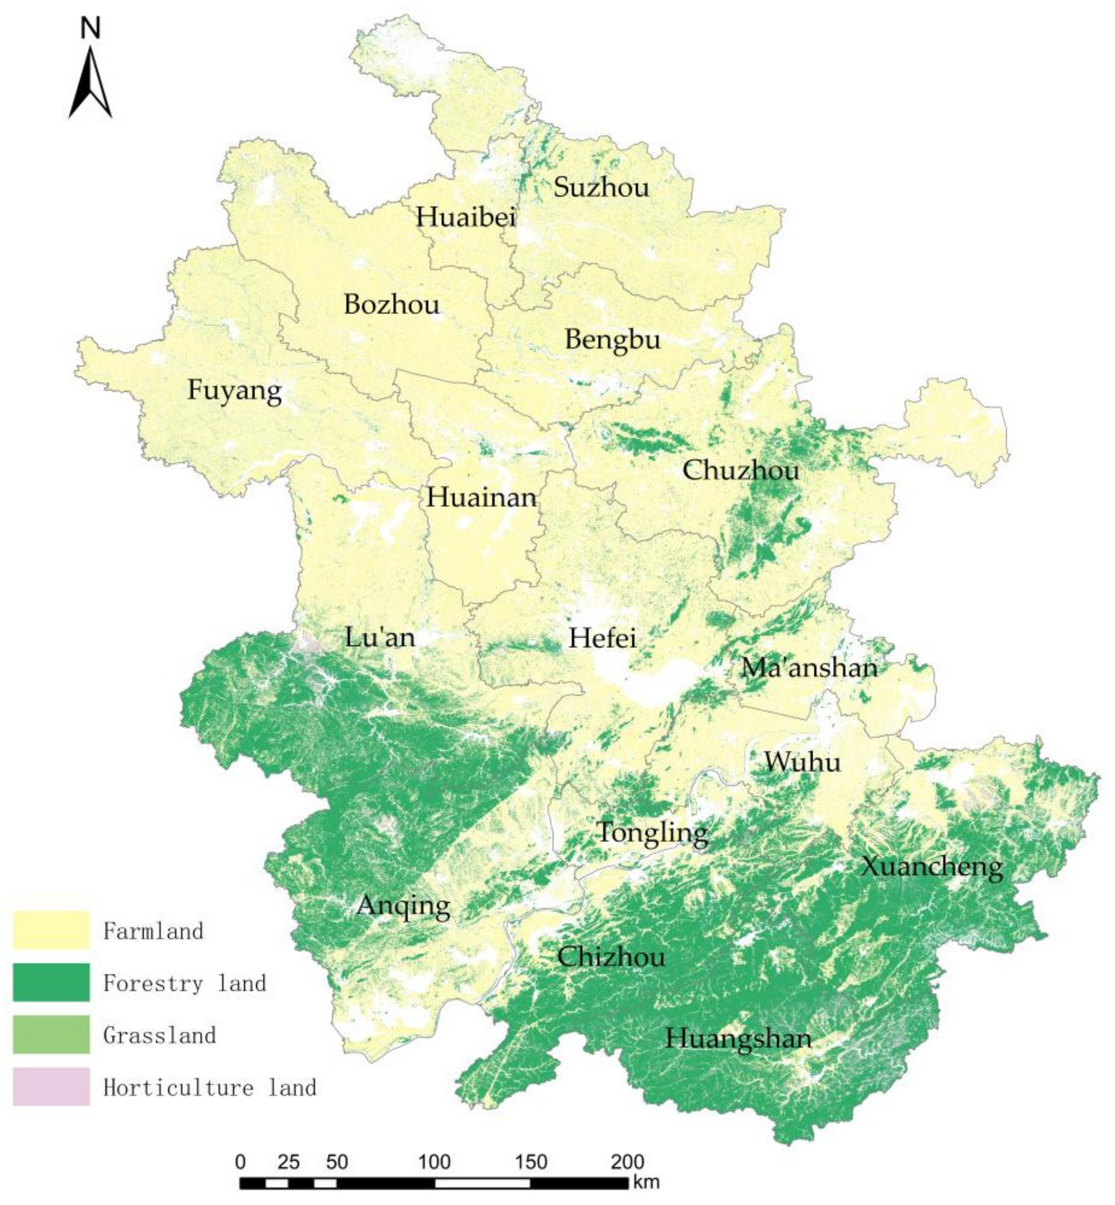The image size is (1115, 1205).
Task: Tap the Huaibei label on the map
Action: (x=465, y=217)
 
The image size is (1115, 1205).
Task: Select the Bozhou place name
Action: (x=392, y=304)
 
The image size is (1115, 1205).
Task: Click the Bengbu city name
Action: (x=613, y=340)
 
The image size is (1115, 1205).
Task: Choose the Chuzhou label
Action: (x=740, y=470)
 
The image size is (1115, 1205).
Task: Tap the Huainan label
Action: (x=481, y=498)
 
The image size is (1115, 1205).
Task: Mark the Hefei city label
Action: (x=602, y=638)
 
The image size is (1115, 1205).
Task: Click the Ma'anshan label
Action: (x=809, y=668)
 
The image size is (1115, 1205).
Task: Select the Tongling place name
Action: (x=652, y=833)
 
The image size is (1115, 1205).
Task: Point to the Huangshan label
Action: (x=738, y=1039)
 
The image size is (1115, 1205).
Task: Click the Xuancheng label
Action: (x=931, y=867)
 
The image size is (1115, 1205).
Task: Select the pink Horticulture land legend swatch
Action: (x=51, y=1087)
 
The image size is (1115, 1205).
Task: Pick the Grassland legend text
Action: (x=159, y=1035)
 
